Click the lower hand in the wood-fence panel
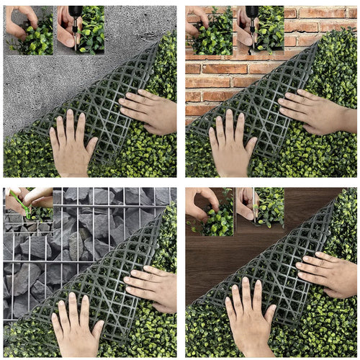(x=248, y=317)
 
